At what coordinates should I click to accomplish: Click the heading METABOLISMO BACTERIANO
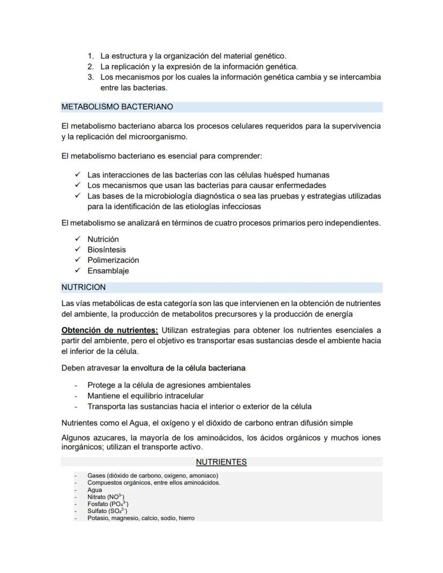pos(117,107)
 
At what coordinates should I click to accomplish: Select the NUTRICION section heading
pos(83,287)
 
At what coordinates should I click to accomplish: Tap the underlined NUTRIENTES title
pos(221,462)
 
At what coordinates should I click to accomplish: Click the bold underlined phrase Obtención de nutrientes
pos(110,330)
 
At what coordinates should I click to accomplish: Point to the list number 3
pos(91,77)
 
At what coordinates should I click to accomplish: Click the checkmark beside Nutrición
pos(78,239)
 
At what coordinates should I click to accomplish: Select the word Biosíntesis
pos(107,250)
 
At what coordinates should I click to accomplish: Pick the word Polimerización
pos(113,260)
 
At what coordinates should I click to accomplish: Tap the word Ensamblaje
pos(108,271)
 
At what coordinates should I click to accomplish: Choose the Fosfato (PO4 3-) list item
pos(108,504)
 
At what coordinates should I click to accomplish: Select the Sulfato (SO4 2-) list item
pos(107,511)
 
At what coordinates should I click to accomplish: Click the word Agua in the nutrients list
pos(95,490)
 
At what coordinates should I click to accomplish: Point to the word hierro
pos(187,518)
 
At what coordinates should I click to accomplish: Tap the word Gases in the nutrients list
pos(96,476)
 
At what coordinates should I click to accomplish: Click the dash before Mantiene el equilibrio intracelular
pos(76,396)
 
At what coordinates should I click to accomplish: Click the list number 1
pos(91,56)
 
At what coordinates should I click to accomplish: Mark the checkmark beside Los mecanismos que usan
pos(78,185)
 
